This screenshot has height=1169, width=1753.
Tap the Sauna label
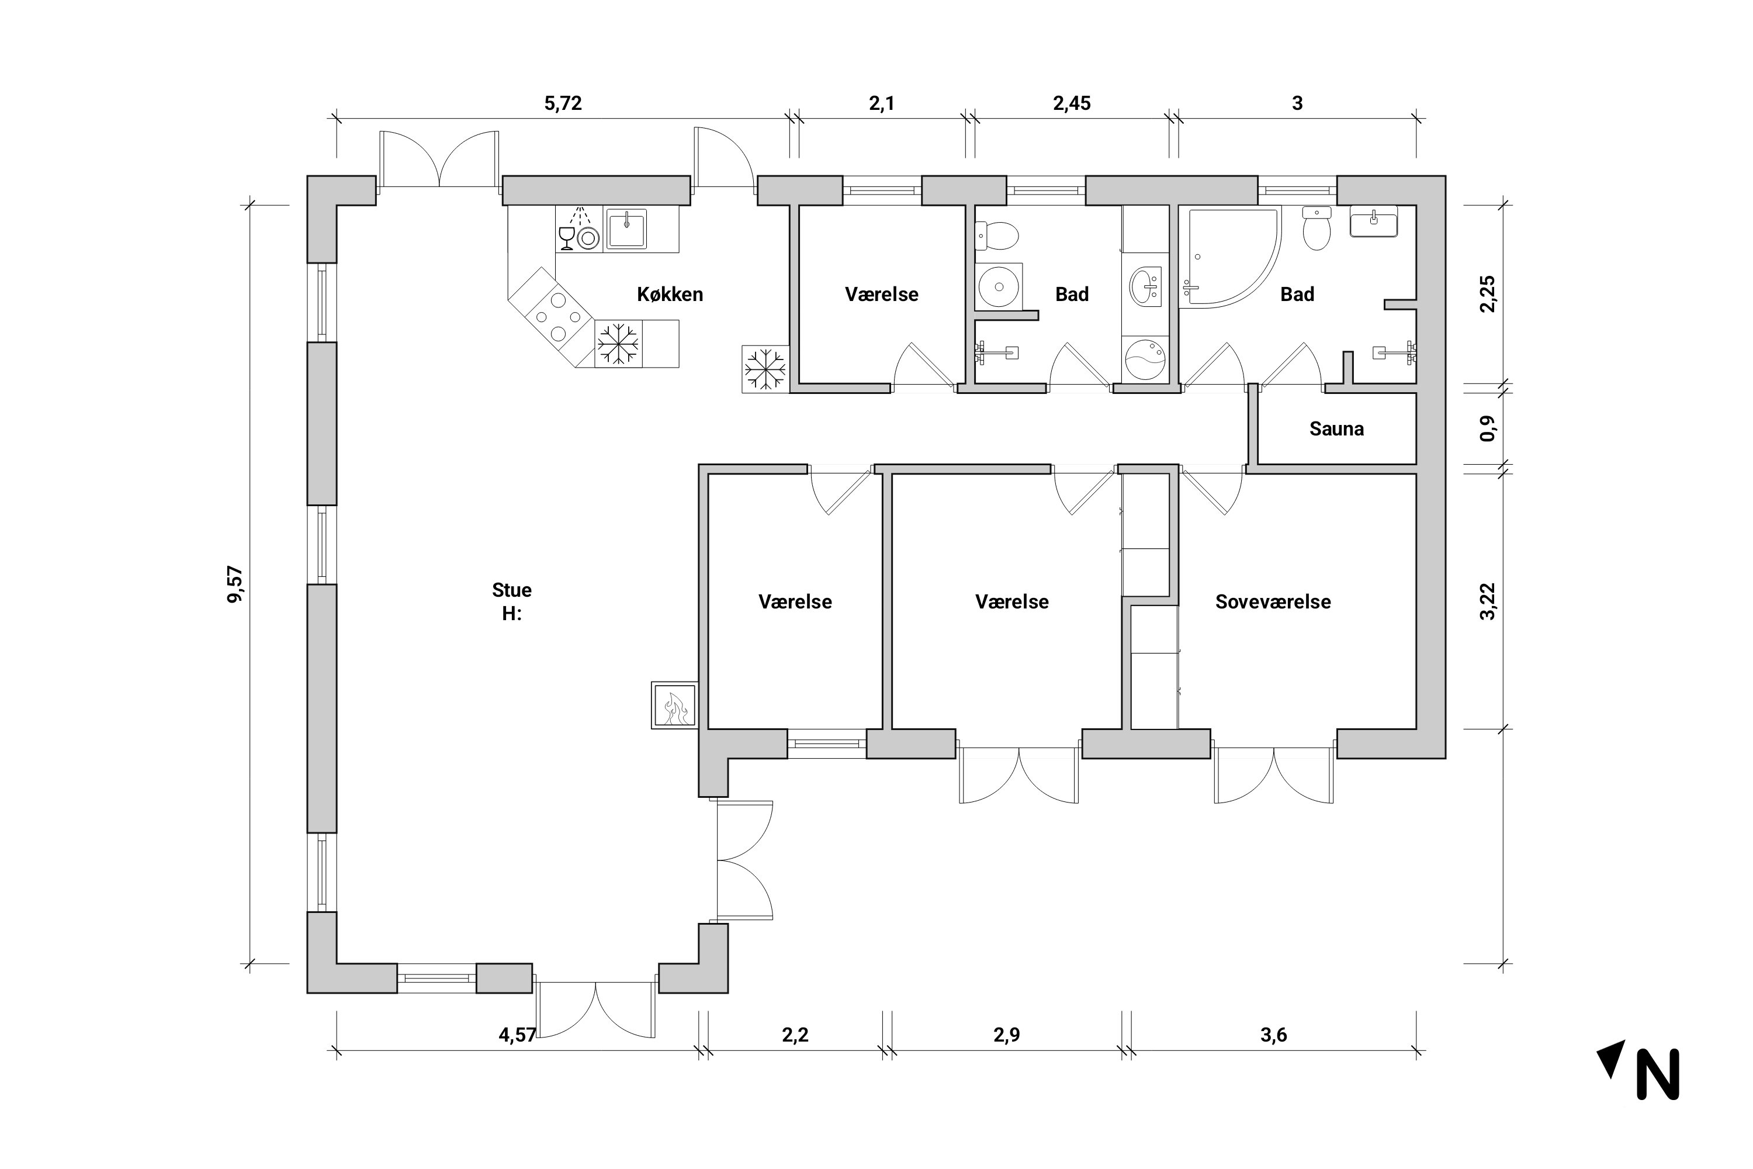(x=1336, y=428)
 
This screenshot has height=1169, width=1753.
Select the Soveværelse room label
(x=1273, y=601)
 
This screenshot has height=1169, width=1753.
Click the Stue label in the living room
(x=511, y=590)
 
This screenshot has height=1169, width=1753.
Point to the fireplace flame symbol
(x=675, y=708)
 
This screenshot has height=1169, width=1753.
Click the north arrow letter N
(x=1658, y=1074)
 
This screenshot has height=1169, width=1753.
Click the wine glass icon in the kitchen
(x=566, y=238)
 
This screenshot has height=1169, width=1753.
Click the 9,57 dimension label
(x=235, y=584)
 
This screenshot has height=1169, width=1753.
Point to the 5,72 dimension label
(x=563, y=103)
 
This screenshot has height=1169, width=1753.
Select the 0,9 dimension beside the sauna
(x=1488, y=428)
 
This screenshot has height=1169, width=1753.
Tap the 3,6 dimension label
(x=1274, y=1035)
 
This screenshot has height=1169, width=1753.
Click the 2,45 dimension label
(x=1072, y=103)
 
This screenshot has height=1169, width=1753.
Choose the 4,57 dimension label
(x=517, y=1035)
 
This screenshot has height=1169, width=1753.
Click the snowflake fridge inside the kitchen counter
(x=618, y=344)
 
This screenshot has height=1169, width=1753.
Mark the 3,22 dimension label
(x=1488, y=601)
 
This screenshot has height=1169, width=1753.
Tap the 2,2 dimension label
(x=795, y=1035)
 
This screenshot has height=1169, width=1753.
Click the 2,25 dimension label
(x=1488, y=295)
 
